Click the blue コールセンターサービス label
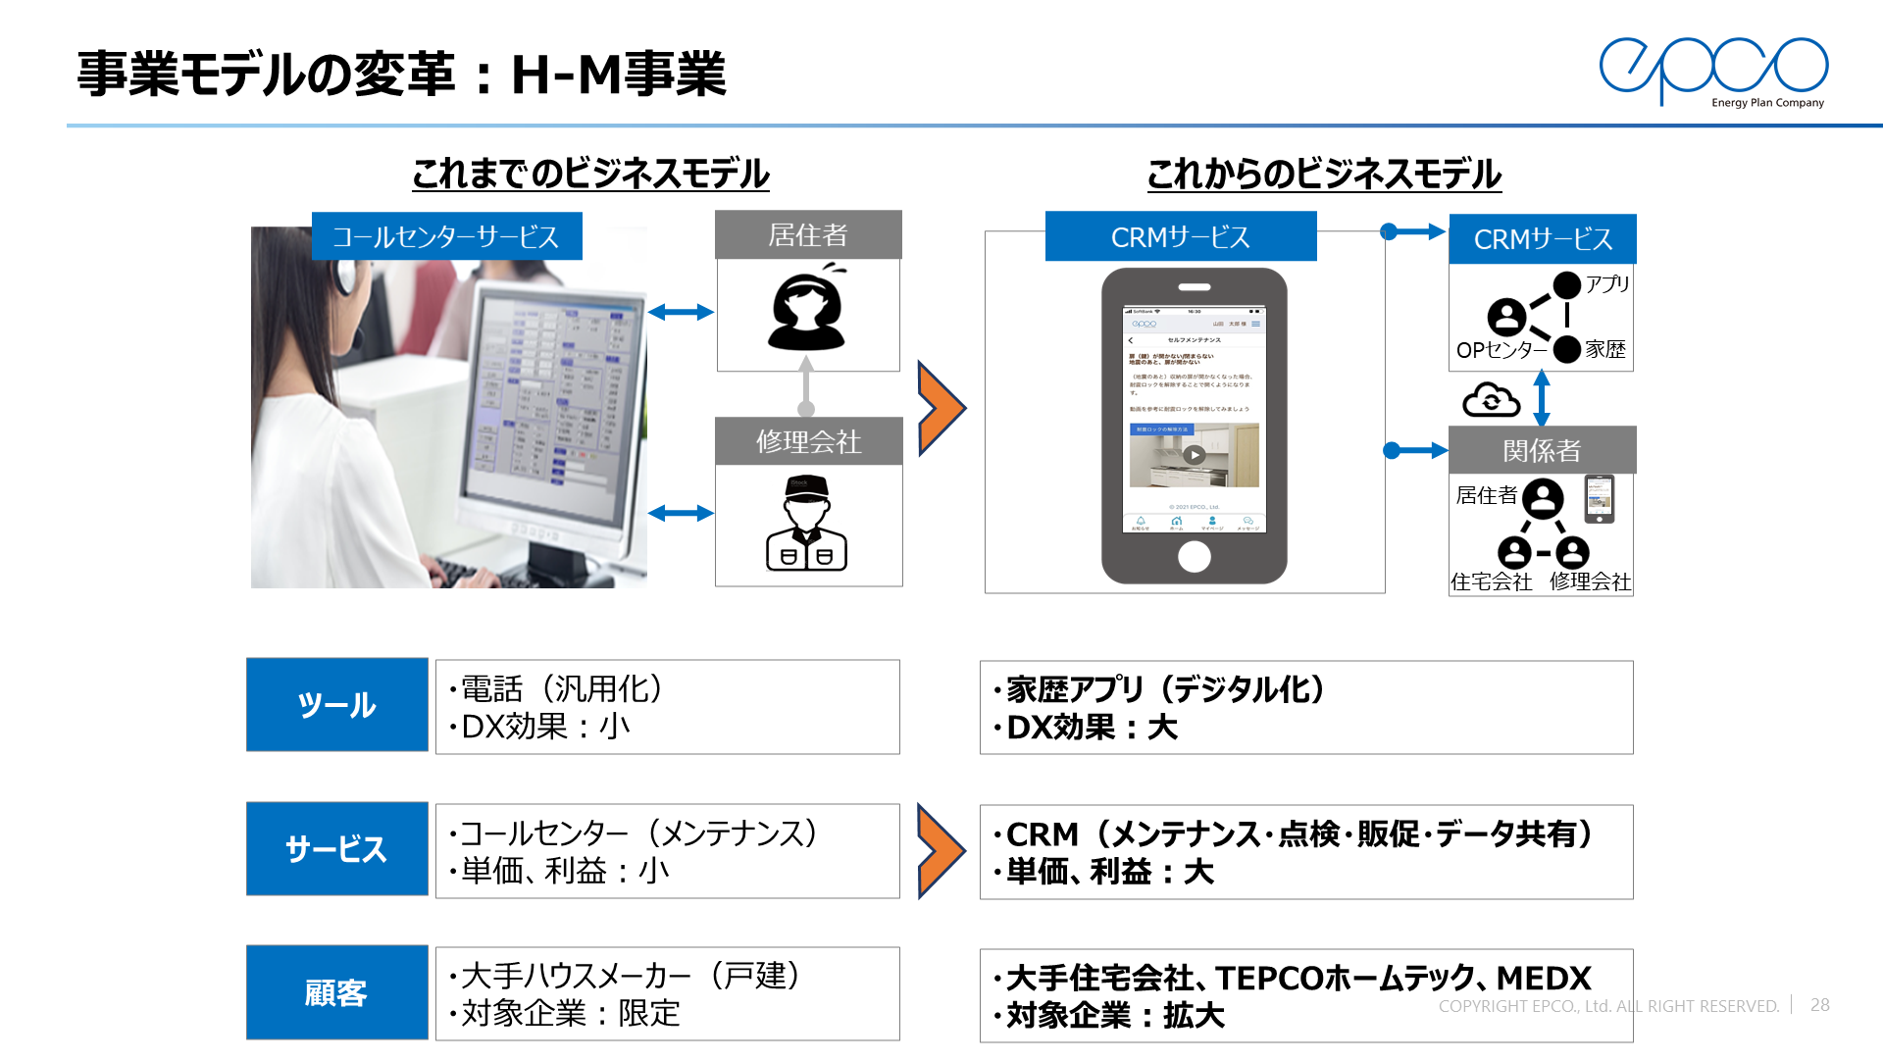446,236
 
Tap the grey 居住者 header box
808,235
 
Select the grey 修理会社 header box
808,441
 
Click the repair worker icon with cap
806,524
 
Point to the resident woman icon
806,310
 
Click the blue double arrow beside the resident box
681,312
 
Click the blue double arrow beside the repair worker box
681,513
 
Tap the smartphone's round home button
1194,556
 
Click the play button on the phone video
1194,455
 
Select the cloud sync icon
1491,400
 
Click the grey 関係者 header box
1542,450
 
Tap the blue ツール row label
336,705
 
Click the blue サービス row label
336,849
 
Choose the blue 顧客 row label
336,992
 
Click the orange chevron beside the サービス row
941,850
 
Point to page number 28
1820,1005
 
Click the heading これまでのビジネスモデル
590,174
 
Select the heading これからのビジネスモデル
1324,174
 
